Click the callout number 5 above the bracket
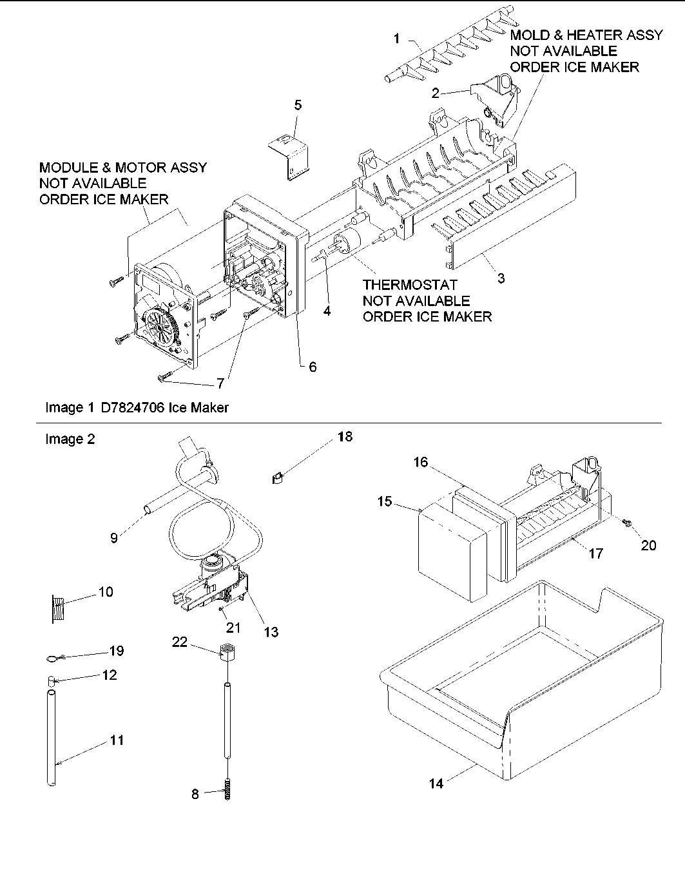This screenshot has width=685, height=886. pyautogui.click(x=298, y=105)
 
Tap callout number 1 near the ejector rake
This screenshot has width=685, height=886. pyautogui.click(x=397, y=39)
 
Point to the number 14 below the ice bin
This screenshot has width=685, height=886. pyautogui.click(x=436, y=784)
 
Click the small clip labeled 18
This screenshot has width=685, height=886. pyautogui.click(x=277, y=477)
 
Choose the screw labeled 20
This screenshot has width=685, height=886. pyautogui.click(x=626, y=526)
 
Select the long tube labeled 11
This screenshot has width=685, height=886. pyautogui.click(x=52, y=738)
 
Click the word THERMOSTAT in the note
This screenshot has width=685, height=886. pyautogui.click(x=410, y=284)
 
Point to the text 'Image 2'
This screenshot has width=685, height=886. pyautogui.click(x=70, y=439)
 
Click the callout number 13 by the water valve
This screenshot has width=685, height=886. pyautogui.click(x=271, y=632)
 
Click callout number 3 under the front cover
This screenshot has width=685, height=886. pyautogui.click(x=501, y=278)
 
